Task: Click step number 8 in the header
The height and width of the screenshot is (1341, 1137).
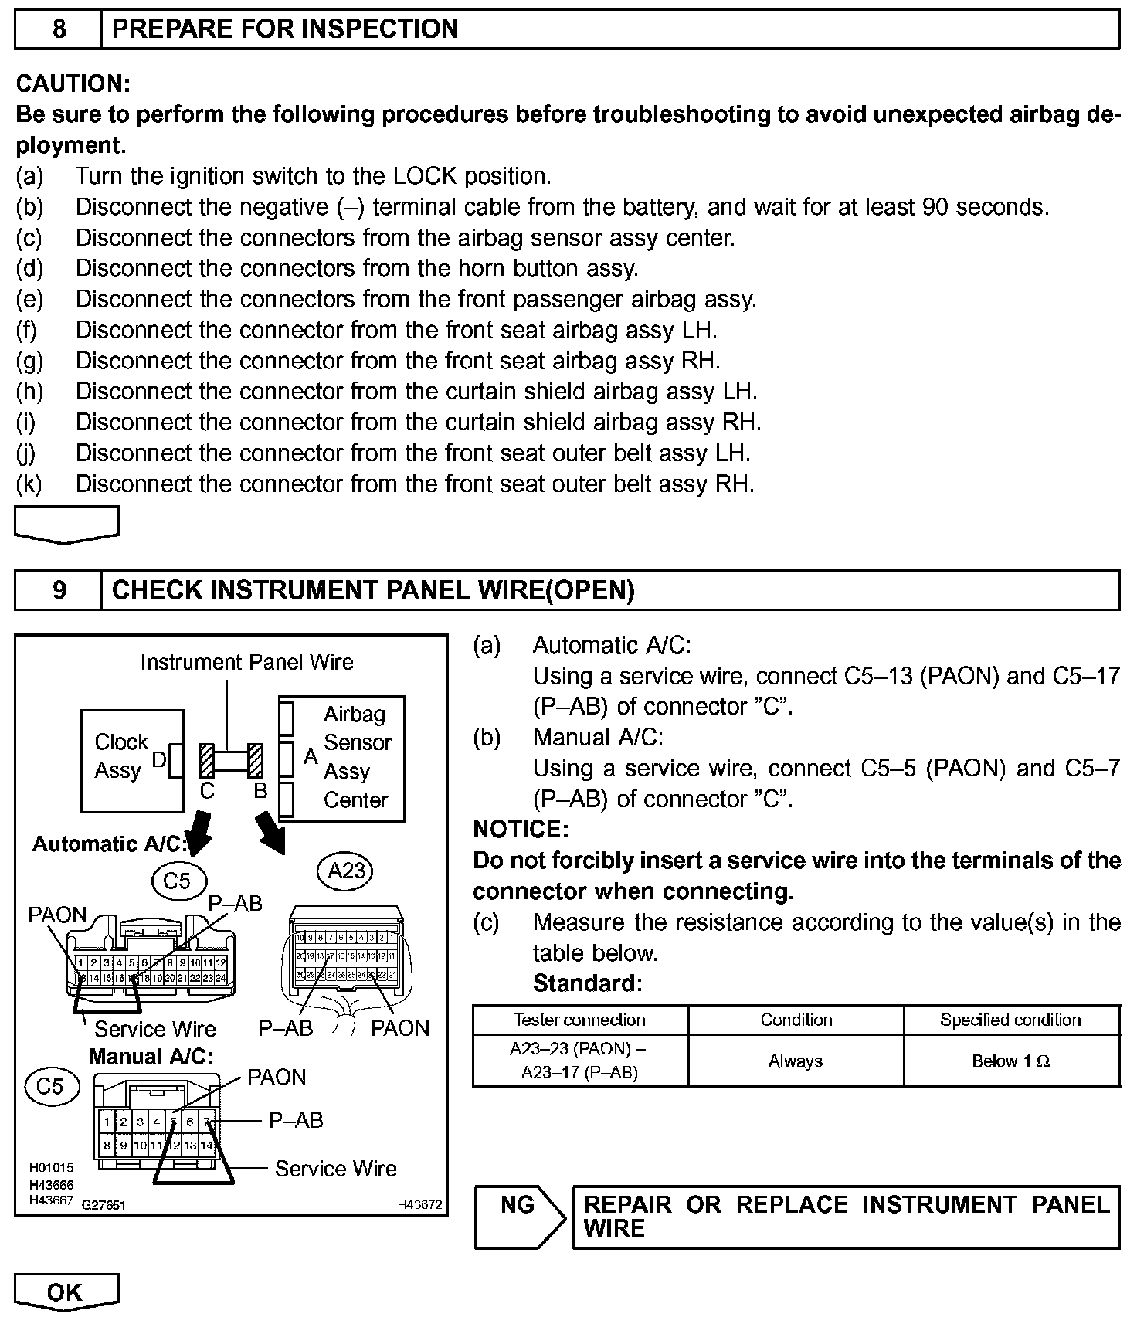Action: point(59,29)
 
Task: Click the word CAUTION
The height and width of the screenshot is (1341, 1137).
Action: point(73,83)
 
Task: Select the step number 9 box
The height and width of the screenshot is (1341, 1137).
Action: point(59,590)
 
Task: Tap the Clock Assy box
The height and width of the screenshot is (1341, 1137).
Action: point(132,760)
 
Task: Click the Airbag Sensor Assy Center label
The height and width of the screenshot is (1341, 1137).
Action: point(356,757)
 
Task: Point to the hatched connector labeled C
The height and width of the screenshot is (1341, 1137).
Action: point(206,761)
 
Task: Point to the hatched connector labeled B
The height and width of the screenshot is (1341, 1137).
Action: point(256,761)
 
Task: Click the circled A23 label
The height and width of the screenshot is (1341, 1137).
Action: point(345,871)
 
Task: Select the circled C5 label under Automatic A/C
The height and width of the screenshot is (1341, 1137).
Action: point(177,881)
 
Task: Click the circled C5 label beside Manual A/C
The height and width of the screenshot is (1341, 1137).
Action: point(49,1087)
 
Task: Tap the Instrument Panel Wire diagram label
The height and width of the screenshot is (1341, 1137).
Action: point(246,662)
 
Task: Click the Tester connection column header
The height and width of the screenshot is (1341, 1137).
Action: point(579,1020)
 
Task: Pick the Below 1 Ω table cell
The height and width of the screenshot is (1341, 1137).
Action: point(1010,1061)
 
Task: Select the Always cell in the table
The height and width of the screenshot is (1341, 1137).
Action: point(796,1061)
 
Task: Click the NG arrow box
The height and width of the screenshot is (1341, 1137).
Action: point(520,1217)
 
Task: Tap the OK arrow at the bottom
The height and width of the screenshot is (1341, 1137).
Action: point(66,1292)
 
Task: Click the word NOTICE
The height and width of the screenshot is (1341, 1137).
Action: point(521,830)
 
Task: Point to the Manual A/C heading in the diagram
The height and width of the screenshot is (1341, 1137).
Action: point(151,1056)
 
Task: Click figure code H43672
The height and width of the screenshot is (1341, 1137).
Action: point(419,1204)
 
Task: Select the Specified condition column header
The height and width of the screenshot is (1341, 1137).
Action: point(1010,1020)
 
